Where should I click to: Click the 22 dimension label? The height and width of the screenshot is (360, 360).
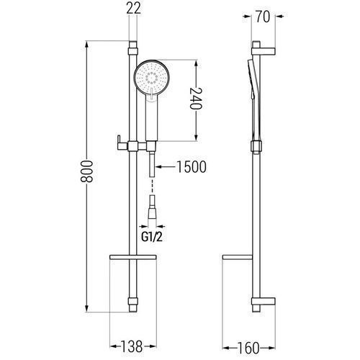tap(133, 9)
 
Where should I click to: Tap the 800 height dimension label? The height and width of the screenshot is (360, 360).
tap(86, 171)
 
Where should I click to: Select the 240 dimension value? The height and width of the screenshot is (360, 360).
tap(196, 99)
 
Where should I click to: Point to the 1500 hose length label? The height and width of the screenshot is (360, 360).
tap(192, 167)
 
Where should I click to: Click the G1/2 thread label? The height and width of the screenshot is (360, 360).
tap(152, 237)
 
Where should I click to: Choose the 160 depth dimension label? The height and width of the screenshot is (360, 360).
tap(248, 348)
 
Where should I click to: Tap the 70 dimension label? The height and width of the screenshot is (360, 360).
tap(263, 17)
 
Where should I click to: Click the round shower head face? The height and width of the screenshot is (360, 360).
tap(152, 77)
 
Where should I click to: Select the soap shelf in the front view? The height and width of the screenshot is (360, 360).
tap(133, 257)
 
